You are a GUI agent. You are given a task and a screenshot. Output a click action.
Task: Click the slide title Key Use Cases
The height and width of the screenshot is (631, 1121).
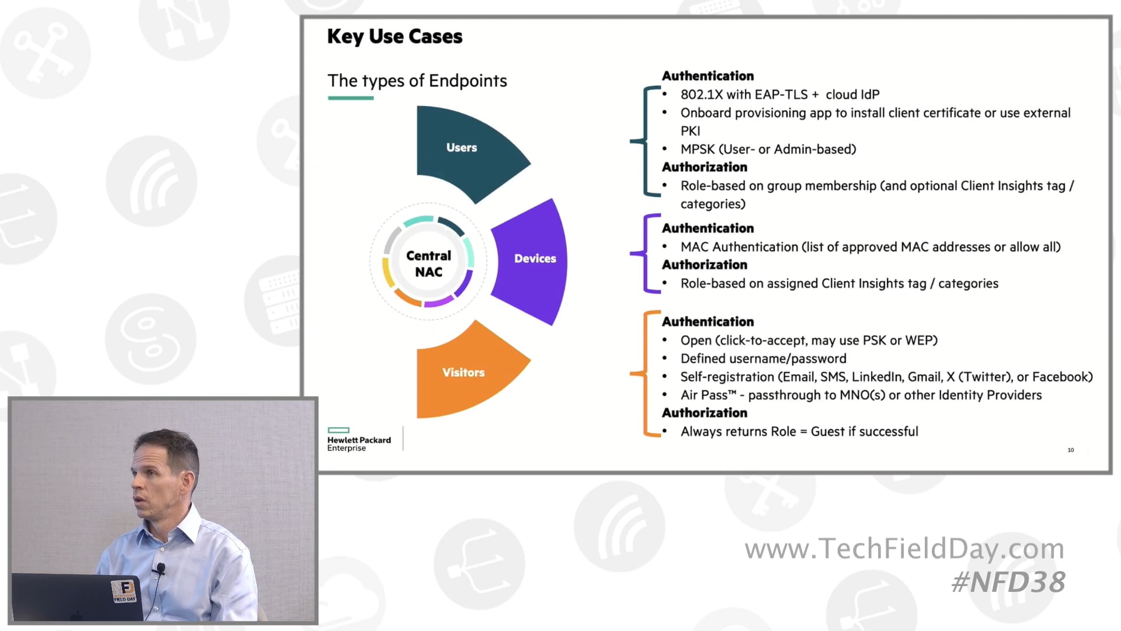click(x=395, y=36)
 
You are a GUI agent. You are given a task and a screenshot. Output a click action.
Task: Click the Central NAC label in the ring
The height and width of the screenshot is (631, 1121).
click(x=429, y=264)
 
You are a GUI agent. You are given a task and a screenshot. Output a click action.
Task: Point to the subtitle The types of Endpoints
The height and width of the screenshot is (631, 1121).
click(x=417, y=81)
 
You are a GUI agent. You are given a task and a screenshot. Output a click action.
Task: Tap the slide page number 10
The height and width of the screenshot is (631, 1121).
click(x=1071, y=450)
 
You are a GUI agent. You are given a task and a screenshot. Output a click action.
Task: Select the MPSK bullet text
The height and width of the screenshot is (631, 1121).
click(x=768, y=150)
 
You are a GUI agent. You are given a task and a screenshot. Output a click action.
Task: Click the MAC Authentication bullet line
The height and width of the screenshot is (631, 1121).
click(x=870, y=247)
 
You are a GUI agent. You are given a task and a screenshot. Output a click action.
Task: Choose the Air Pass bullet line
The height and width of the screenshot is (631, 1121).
click(x=861, y=396)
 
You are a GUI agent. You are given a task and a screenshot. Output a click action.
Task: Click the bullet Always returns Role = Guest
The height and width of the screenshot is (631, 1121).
click(x=799, y=432)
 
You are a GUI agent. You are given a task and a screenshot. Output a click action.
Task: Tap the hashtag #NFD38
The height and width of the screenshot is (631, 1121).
click(x=1008, y=583)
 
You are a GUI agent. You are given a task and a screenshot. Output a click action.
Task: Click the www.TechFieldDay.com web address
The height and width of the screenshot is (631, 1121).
click(x=904, y=549)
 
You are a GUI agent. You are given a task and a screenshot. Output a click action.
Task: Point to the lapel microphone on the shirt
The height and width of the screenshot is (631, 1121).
click(x=161, y=567)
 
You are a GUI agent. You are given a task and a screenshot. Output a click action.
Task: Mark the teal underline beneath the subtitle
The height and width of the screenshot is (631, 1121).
click(x=350, y=98)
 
